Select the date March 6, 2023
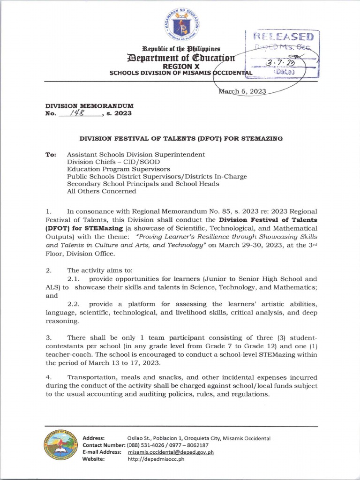243,91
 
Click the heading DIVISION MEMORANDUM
89,106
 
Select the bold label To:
51,154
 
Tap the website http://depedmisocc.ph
156,459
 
